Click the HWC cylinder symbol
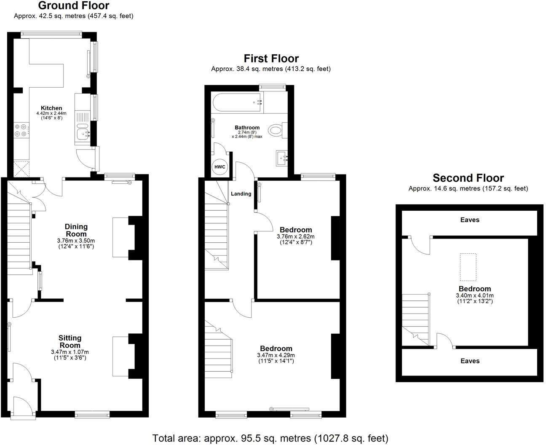[220, 167]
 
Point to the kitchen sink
[83, 134]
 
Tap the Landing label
[241, 194]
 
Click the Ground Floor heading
[74, 5]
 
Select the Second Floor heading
[468, 178]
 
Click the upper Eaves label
[470, 220]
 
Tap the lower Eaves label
[470, 361]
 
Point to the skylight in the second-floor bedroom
[468, 267]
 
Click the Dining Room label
[76, 230]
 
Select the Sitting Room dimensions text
[70, 355]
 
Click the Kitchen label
[51, 108]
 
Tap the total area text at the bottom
[270, 438]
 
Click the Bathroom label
[247, 127]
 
